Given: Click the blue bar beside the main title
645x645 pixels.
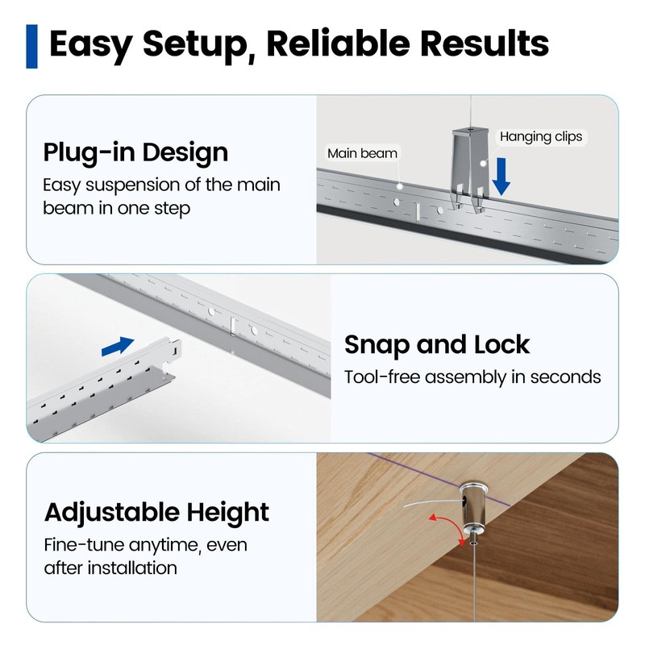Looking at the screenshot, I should pos(32,46).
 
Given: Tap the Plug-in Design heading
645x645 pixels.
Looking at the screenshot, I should pos(135,152).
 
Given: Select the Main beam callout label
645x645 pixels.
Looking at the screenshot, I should pos(362,153).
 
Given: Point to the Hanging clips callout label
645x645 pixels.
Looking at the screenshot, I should pos(540,137).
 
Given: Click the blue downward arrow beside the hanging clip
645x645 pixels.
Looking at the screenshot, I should pos(501,177).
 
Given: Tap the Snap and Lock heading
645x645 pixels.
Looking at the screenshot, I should pos(437,344).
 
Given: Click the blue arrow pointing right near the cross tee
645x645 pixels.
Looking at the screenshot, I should pos(118,346).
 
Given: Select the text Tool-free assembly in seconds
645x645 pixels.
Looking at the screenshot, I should pos(472,377).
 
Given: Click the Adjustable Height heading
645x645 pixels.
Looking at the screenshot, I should pos(156,512).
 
